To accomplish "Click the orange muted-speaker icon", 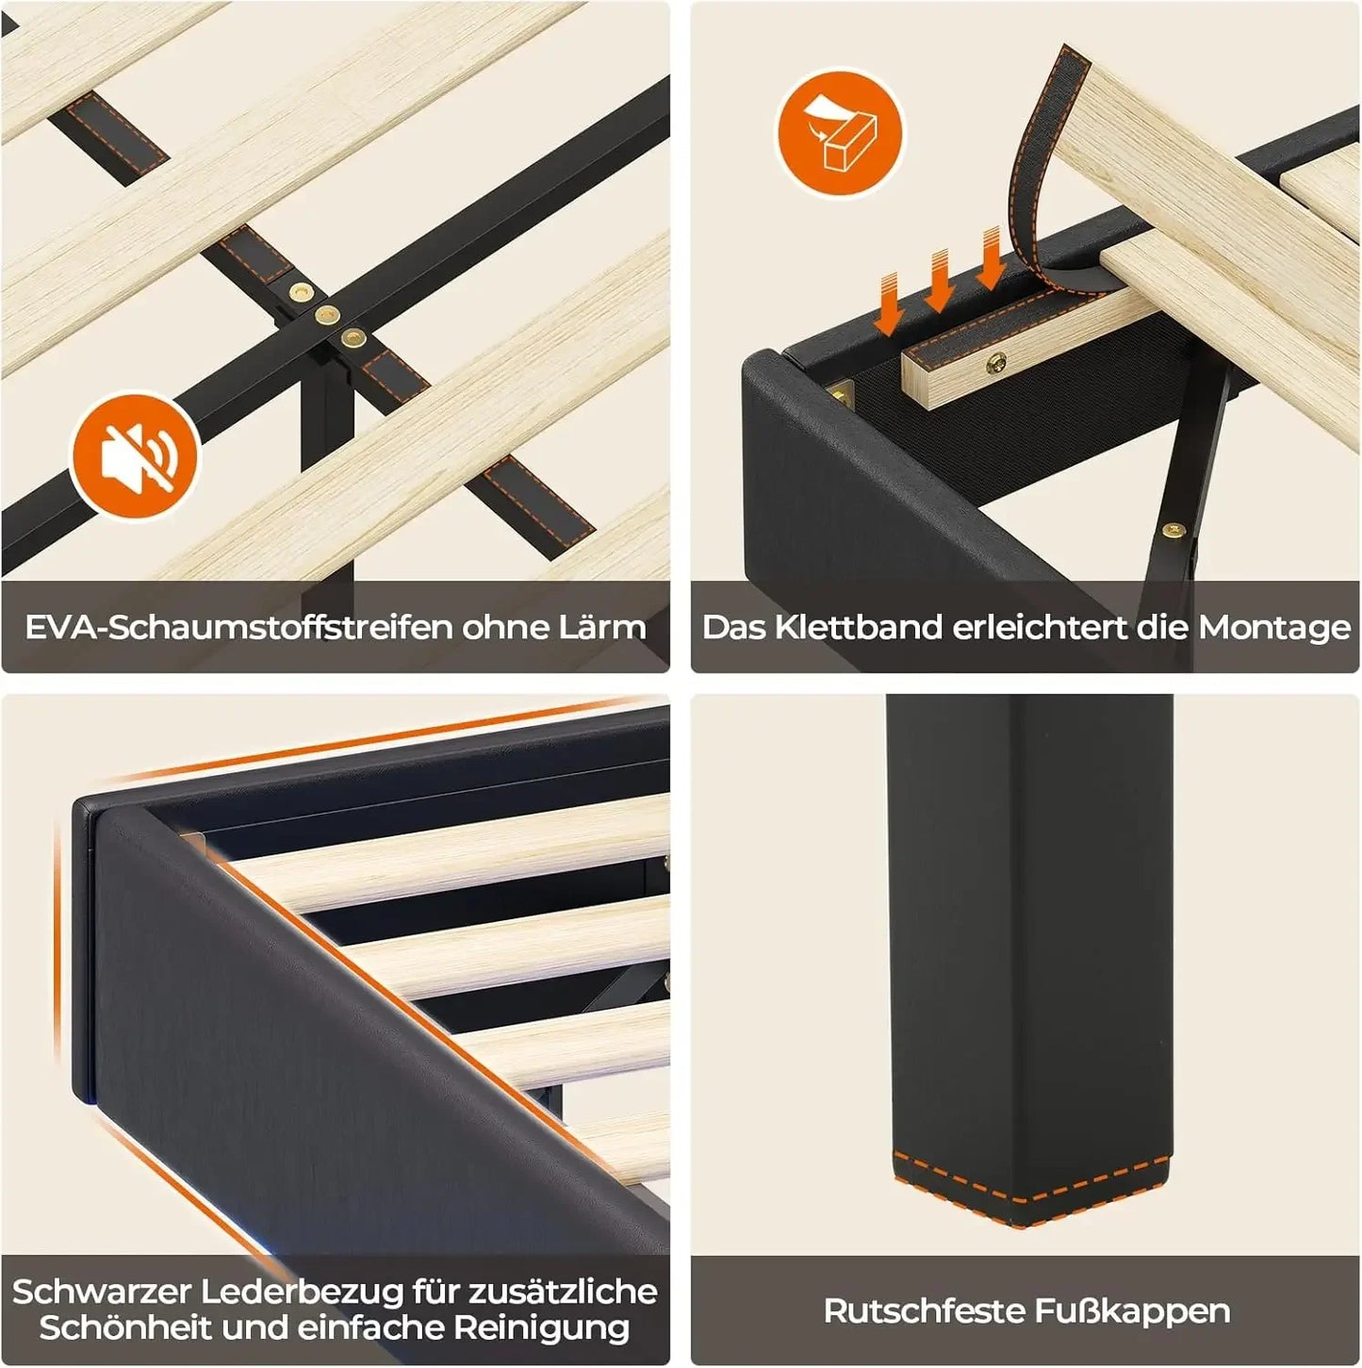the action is coord(136,458).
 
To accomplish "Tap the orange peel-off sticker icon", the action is coord(841,134).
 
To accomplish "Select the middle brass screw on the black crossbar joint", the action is coord(326,314).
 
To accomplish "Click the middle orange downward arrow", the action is coord(940,281).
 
